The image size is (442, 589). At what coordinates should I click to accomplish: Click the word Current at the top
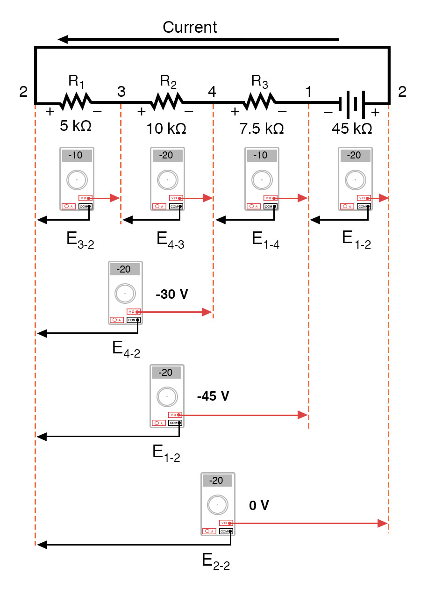click(190, 27)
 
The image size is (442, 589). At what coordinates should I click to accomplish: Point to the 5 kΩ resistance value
click(75, 127)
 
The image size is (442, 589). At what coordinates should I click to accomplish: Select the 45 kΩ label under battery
click(352, 128)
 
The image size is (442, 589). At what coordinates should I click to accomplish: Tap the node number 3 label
click(121, 92)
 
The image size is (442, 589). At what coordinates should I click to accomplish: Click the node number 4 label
click(212, 92)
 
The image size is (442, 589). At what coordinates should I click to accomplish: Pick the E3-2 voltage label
click(80, 240)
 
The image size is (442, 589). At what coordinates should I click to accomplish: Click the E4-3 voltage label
click(171, 240)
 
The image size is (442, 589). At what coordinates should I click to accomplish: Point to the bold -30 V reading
click(172, 294)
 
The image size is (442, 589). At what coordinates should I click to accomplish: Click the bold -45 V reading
click(214, 396)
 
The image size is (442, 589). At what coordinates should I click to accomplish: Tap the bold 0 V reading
click(259, 505)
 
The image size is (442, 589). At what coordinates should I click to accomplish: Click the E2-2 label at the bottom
click(216, 561)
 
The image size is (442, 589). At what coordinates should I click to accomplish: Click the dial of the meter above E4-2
click(125, 294)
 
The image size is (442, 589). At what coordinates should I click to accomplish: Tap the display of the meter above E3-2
click(77, 155)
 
